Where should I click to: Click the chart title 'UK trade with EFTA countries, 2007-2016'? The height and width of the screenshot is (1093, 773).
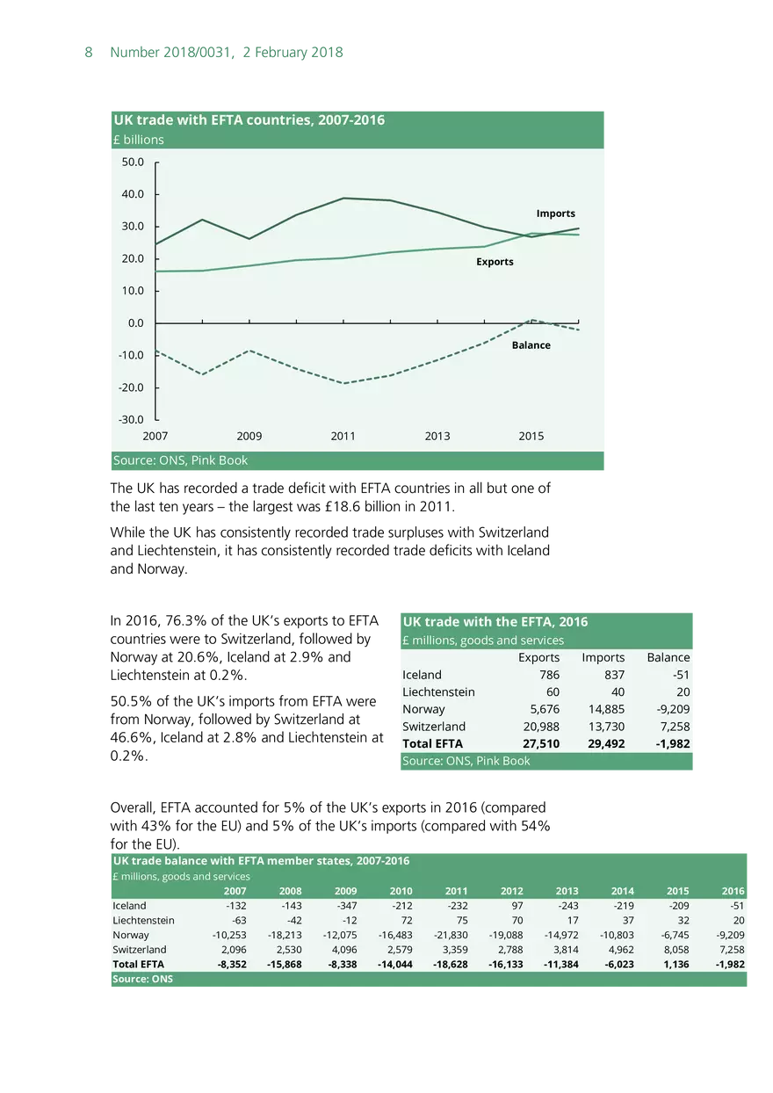point(249,120)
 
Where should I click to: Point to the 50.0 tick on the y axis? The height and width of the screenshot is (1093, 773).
point(133,162)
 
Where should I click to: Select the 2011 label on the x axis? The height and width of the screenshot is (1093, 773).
point(343,437)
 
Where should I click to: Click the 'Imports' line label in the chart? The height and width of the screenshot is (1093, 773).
point(556,214)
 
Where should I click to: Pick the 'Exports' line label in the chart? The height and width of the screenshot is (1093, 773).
point(495,262)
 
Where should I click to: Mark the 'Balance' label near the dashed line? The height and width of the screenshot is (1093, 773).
point(531,345)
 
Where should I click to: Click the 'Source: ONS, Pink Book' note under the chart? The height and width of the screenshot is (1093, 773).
point(181,460)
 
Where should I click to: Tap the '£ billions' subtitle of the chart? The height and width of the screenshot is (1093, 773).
point(139,140)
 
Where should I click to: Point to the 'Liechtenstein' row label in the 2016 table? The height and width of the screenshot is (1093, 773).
point(438,692)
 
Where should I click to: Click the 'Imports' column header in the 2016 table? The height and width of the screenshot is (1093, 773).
point(603,657)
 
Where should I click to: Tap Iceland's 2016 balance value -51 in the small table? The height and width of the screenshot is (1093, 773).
point(679,675)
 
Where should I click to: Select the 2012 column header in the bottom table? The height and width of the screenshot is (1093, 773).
point(511,891)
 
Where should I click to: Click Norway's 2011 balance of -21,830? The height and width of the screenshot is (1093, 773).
point(451,935)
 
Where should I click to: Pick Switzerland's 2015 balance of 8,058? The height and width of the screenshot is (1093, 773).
point(675,950)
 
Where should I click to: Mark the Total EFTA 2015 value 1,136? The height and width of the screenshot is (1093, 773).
point(675,964)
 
